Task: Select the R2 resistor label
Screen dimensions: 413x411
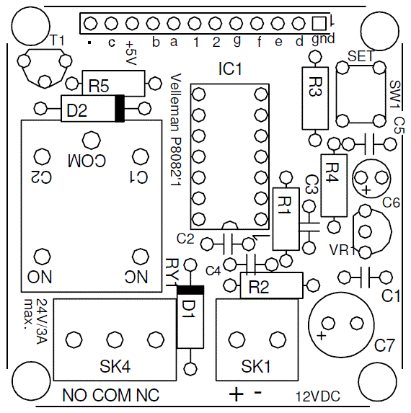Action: point(259,288)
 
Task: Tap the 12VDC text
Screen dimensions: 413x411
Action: point(317,396)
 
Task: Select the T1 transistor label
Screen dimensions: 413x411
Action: point(57,40)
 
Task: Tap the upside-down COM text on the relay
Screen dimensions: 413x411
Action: point(87,159)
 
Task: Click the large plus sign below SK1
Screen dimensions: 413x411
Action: point(236,394)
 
